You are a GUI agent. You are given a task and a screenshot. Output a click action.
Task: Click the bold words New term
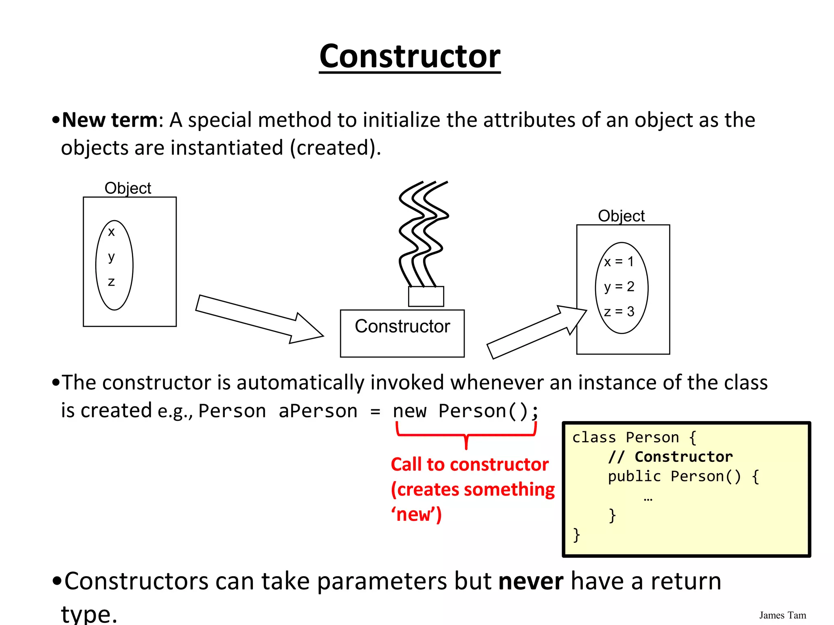click(110, 120)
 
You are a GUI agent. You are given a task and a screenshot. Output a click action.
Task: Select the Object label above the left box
click(128, 188)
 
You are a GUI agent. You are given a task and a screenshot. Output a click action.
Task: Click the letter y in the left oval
click(111, 257)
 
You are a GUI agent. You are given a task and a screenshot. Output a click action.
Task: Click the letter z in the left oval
click(111, 282)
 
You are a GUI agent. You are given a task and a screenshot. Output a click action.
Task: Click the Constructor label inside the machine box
click(402, 326)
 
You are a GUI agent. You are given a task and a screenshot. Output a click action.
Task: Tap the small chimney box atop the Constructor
click(426, 296)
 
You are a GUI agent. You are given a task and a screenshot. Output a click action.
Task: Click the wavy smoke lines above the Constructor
click(424, 232)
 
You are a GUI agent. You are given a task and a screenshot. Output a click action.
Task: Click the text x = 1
click(619, 262)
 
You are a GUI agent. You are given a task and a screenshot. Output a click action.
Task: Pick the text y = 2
click(619, 287)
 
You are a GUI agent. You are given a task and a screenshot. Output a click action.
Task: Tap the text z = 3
click(619, 312)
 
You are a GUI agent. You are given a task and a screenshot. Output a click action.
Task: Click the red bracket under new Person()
click(466, 435)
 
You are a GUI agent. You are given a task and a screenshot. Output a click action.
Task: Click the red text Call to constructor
click(470, 464)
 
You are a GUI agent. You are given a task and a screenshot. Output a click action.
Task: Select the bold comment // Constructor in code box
click(670, 457)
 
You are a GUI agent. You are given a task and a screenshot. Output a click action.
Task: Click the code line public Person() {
click(683, 476)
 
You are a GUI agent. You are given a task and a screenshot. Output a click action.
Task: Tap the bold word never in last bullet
click(531, 581)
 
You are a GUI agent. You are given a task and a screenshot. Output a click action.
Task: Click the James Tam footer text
click(782, 615)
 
